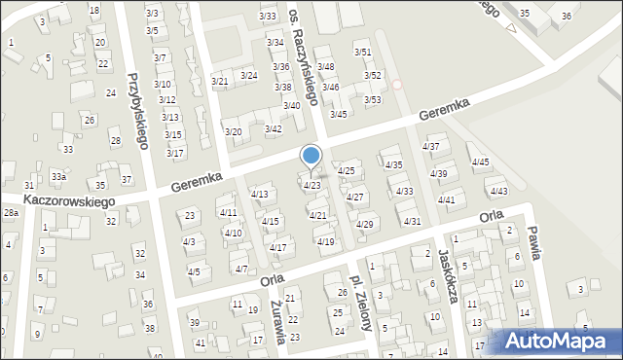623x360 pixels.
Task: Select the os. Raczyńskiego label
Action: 305,51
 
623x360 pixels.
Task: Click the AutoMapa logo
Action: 557,342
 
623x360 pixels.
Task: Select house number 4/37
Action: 430,146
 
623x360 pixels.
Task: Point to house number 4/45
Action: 480,162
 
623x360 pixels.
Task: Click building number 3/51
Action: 362,52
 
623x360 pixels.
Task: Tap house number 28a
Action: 11,212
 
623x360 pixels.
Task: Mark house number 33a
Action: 58,176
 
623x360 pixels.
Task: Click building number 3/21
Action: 220,81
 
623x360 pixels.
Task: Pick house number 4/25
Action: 346,170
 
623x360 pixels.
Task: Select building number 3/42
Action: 274,128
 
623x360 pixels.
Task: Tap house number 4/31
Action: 413,221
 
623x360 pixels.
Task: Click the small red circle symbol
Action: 397,85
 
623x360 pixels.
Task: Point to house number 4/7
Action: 240,269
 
